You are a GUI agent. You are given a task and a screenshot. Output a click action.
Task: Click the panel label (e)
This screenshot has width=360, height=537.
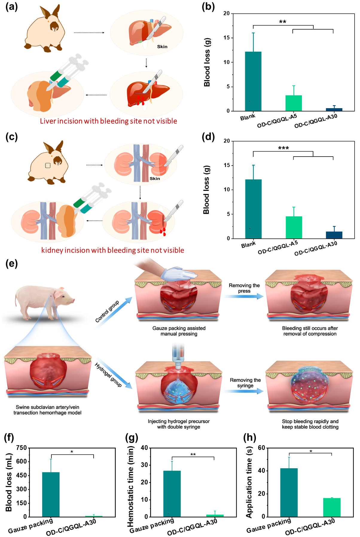12,264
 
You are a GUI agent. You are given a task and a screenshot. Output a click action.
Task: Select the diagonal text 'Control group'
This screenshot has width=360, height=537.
107,311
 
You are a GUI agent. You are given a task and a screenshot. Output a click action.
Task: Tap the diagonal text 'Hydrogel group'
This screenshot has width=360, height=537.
108,375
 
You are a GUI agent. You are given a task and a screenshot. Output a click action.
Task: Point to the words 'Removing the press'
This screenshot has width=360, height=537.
244,288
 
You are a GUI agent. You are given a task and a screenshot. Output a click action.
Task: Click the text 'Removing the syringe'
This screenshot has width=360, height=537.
245,383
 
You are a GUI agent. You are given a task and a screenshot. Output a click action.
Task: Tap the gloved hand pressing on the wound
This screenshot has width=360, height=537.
176,273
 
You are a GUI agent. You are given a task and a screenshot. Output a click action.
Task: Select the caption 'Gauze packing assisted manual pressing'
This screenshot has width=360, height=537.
179,331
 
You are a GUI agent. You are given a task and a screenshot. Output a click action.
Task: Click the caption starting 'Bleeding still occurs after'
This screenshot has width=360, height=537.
310,331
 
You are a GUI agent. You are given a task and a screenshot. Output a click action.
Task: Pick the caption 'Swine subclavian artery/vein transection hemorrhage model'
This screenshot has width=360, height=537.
47,410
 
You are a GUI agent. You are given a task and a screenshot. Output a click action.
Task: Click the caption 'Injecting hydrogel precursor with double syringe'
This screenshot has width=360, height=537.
179,424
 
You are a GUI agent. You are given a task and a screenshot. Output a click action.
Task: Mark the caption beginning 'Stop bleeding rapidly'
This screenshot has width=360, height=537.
310,424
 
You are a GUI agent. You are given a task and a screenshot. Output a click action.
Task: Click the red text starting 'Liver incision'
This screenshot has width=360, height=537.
109,121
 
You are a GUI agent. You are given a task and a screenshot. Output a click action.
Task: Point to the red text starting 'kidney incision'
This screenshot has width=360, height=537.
112,250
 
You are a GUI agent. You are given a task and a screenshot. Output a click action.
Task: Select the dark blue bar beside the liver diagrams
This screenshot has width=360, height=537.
334,109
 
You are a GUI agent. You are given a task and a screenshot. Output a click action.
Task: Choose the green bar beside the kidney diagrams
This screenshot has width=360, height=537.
294,227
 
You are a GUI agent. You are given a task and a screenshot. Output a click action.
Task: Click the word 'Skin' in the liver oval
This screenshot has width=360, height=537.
162,47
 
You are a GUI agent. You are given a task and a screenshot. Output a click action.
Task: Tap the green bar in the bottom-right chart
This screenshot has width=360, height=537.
332,507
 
